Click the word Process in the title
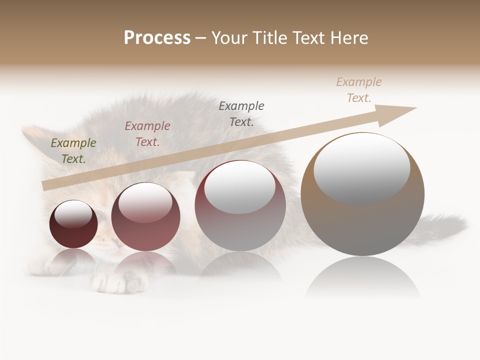(x=157, y=38)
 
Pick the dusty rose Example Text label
(x=147, y=134)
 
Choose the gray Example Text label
(x=241, y=113)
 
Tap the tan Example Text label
(x=359, y=90)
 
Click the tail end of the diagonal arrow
(x=46, y=186)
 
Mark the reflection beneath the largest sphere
(x=362, y=277)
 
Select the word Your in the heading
(x=231, y=38)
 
